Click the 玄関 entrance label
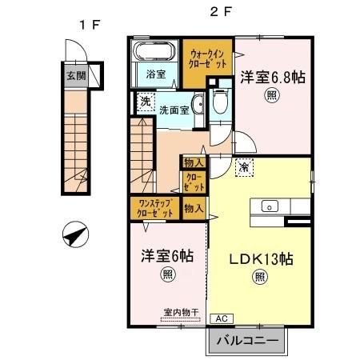tap(74, 77)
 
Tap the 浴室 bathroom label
tap(156, 74)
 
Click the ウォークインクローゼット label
tap(206, 56)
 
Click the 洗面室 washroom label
tap(173, 110)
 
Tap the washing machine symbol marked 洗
tap(144, 102)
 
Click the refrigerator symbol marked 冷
tap(243, 168)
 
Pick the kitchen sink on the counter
tap(270, 206)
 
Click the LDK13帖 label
tap(261, 259)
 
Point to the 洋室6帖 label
tap(167, 257)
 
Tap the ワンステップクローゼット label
tap(155, 208)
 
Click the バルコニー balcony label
tap(248, 341)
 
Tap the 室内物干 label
tap(179, 312)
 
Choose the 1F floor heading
tap(88, 24)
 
